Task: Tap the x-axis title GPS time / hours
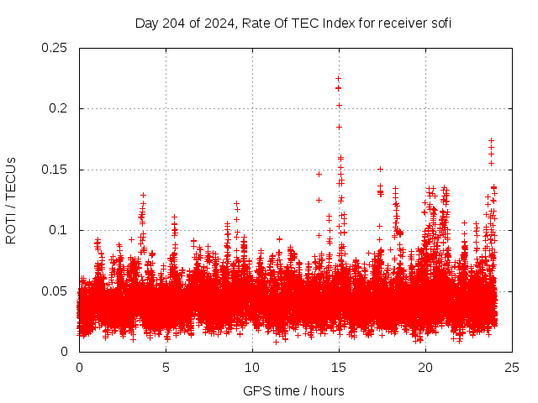293,390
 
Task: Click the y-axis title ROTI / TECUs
11,200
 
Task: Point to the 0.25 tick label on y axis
55,48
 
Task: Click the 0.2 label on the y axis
59,108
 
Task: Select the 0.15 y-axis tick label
55,170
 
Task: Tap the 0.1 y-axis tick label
59,230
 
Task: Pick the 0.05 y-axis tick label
55,291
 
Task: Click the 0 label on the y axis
67,352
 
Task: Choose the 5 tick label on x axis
166,367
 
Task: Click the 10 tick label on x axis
252,367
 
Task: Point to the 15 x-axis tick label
339,367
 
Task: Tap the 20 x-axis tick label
425,367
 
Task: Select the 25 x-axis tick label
512,367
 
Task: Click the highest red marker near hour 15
339,78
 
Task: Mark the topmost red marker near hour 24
491,140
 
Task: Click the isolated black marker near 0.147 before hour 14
319,174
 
